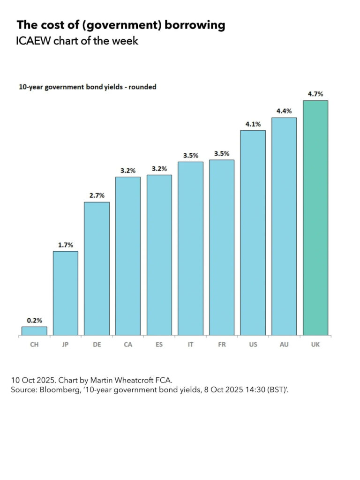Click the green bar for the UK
315,218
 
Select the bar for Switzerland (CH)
34,331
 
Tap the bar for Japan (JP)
66,293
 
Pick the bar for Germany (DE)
97,269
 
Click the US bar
253,233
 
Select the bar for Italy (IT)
190,248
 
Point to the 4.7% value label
315,94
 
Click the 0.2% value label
34,321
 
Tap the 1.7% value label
66,245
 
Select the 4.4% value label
284,111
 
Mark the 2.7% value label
97,195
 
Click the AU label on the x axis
284,344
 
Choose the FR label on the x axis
222,344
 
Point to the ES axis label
159,344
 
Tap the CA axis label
128,344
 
